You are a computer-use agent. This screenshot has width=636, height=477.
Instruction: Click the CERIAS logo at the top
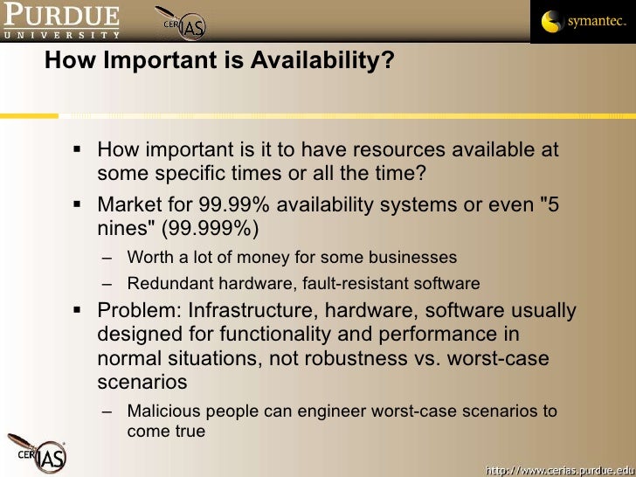[x=180, y=24]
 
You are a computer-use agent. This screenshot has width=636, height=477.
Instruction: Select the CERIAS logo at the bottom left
[x=35, y=453]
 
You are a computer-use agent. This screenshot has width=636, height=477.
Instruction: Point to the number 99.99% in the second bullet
[x=230, y=204]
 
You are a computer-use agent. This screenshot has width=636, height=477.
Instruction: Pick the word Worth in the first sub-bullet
[x=149, y=258]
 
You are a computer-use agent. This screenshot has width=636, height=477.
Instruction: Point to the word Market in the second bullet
[x=129, y=204]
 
